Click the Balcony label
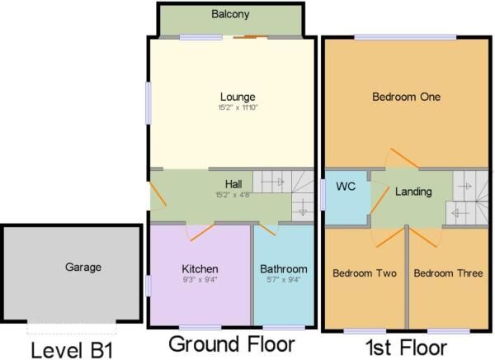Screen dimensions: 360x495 [x=229, y=15]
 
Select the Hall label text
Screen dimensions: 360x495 [x=233, y=184]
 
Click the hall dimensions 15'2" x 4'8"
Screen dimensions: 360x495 [x=233, y=196]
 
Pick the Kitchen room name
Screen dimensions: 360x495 [x=200, y=269]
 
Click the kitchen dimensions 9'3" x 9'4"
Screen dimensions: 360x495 [x=200, y=281]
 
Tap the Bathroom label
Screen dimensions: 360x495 [x=283, y=269]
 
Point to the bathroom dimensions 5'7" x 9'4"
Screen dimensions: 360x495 [x=283, y=281]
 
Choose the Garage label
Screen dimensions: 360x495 [x=83, y=267]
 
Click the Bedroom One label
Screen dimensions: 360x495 [x=406, y=97]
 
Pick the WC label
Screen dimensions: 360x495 [x=345, y=187]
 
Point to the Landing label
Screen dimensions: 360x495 [x=413, y=192]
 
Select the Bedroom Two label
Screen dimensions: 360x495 [x=364, y=273]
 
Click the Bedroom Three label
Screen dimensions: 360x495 [x=448, y=273]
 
